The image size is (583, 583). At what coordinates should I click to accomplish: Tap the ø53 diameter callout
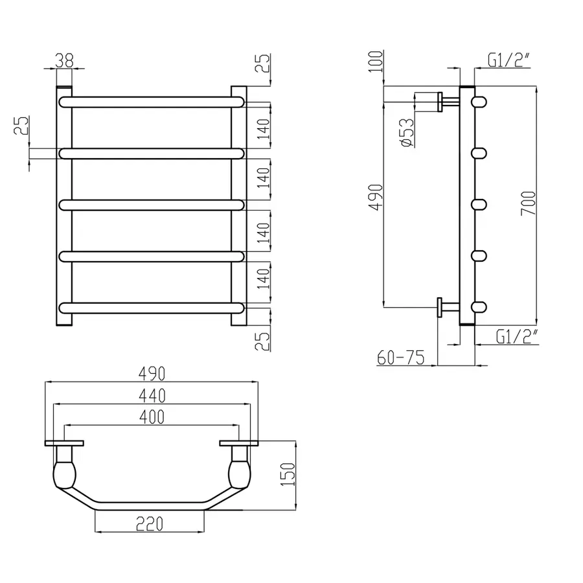click(x=407, y=132)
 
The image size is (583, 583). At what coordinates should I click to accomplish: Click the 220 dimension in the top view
click(x=150, y=521)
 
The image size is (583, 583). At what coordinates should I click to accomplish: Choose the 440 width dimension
click(x=150, y=394)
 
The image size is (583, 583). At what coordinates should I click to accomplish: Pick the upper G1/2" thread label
click(x=509, y=62)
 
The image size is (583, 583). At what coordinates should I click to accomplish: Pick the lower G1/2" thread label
click(x=516, y=336)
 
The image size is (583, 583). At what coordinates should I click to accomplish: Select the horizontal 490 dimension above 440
click(x=150, y=374)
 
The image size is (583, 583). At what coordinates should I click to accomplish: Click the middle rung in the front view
click(x=152, y=205)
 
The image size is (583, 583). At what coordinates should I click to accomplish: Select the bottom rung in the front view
click(x=152, y=306)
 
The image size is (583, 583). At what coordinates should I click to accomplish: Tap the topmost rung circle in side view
click(x=479, y=102)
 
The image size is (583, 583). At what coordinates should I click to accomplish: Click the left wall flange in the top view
click(x=64, y=444)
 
